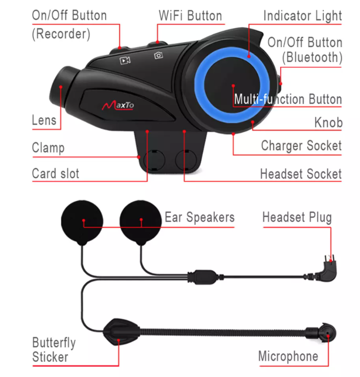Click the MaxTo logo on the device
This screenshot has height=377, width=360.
tap(117, 105)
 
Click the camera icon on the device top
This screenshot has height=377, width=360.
tap(158, 55)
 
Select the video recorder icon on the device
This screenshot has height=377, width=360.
tap(125, 60)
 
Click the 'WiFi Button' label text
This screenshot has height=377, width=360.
tap(190, 15)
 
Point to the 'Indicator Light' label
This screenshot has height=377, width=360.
tap(302, 15)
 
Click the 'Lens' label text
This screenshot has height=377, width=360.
tap(44, 120)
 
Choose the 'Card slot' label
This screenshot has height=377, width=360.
tap(55, 173)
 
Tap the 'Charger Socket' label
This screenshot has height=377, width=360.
tap(301, 145)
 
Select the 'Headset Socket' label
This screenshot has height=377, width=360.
tap(300, 174)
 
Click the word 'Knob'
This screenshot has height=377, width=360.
tap(328, 122)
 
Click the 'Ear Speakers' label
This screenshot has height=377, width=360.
tap(199, 217)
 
